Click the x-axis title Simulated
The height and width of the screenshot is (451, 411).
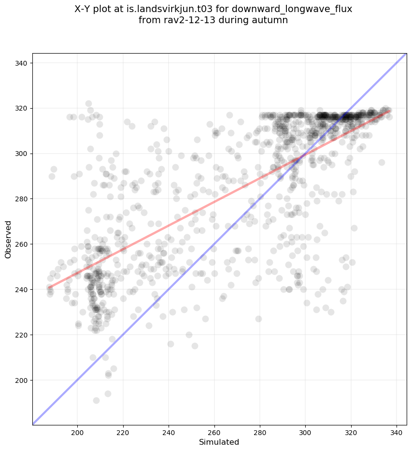click(x=220, y=442)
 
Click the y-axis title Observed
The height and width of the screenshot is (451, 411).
click(x=8, y=240)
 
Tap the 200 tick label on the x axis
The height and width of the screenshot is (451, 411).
click(x=77, y=431)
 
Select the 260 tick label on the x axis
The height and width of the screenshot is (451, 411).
click(x=214, y=431)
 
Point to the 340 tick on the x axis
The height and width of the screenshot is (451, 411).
click(x=397, y=431)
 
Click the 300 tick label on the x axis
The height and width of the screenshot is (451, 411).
click(x=306, y=431)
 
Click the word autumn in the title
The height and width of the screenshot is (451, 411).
click(x=272, y=20)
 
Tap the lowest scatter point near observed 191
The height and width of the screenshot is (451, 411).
click(x=96, y=401)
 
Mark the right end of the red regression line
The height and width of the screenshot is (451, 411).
click(x=390, y=111)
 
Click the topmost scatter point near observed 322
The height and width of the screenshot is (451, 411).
click(x=88, y=104)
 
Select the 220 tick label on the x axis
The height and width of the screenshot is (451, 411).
click(x=123, y=431)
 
